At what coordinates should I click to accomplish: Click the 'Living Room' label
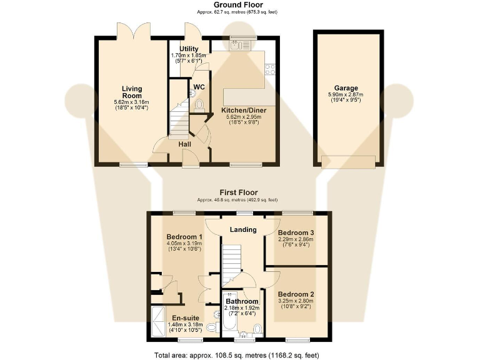tap(131, 92)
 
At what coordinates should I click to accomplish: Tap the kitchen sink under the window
tap(239, 44)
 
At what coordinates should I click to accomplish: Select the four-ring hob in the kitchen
tap(271, 69)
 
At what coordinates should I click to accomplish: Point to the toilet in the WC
tap(199, 104)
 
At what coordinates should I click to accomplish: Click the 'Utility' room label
tap(189, 49)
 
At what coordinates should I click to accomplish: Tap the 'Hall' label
tap(185, 144)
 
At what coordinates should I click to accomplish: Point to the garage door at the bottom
tap(349, 161)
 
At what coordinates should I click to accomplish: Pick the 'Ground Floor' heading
tap(239, 5)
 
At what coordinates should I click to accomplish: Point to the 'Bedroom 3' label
tap(296, 232)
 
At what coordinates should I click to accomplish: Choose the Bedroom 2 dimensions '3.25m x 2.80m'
tap(296, 301)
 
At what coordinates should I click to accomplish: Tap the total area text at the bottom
tap(239, 354)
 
